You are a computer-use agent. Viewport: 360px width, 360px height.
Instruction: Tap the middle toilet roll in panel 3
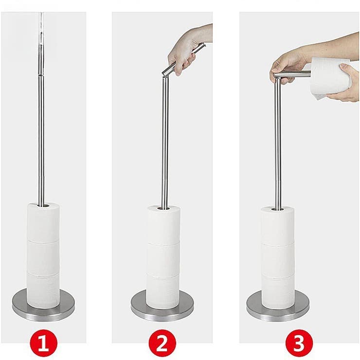point(277,258)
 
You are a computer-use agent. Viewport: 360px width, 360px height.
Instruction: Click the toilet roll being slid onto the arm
point(330,75)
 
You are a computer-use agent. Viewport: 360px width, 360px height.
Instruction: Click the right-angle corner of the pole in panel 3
point(276,75)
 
